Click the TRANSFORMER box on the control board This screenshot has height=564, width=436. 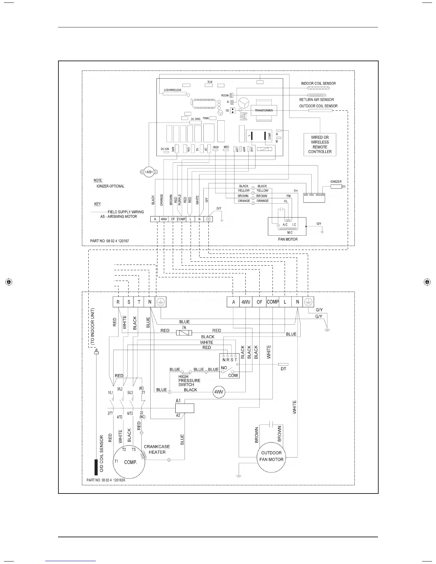pyautogui.click(x=264, y=110)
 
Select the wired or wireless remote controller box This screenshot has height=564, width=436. pyautogui.click(x=320, y=144)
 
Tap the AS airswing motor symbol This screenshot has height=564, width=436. pyautogui.click(x=149, y=172)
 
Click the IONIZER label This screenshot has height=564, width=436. pyautogui.click(x=336, y=182)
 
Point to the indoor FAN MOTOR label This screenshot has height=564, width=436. pyautogui.click(x=287, y=239)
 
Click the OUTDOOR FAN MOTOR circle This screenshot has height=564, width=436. pyautogui.click(x=271, y=456)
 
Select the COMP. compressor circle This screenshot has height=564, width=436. pyautogui.click(x=130, y=462)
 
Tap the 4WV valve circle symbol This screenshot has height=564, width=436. pyautogui.click(x=218, y=392)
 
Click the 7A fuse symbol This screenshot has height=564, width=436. pyautogui.click(x=184, y=333)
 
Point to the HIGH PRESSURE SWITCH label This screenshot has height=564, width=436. pyautogui.click(x=189, y=381)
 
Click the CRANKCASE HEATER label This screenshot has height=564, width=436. pyautogui.click(x=157, y=449)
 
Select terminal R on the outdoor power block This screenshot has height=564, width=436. pyautogui.click(x=118, y=302)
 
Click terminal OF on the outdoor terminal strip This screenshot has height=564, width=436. pyautogui.click(x=259, y=302)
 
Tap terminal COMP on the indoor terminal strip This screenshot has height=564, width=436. pyautogui.click(x=181, y=219)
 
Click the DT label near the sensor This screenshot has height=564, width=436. pyautogui.click(x=283, y=369)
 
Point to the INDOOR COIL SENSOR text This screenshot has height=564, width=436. pyautogui.click(x=318, y=83)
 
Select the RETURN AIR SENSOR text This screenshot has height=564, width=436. pyautogui.click(x=316, y=100)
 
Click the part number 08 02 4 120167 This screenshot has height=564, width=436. pyautogui.click(x=110, y=241)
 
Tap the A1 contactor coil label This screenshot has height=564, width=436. pyautogui.click(x=178, y=401)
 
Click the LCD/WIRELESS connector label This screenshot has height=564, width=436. pyautogui.click(x=172, y=90)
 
